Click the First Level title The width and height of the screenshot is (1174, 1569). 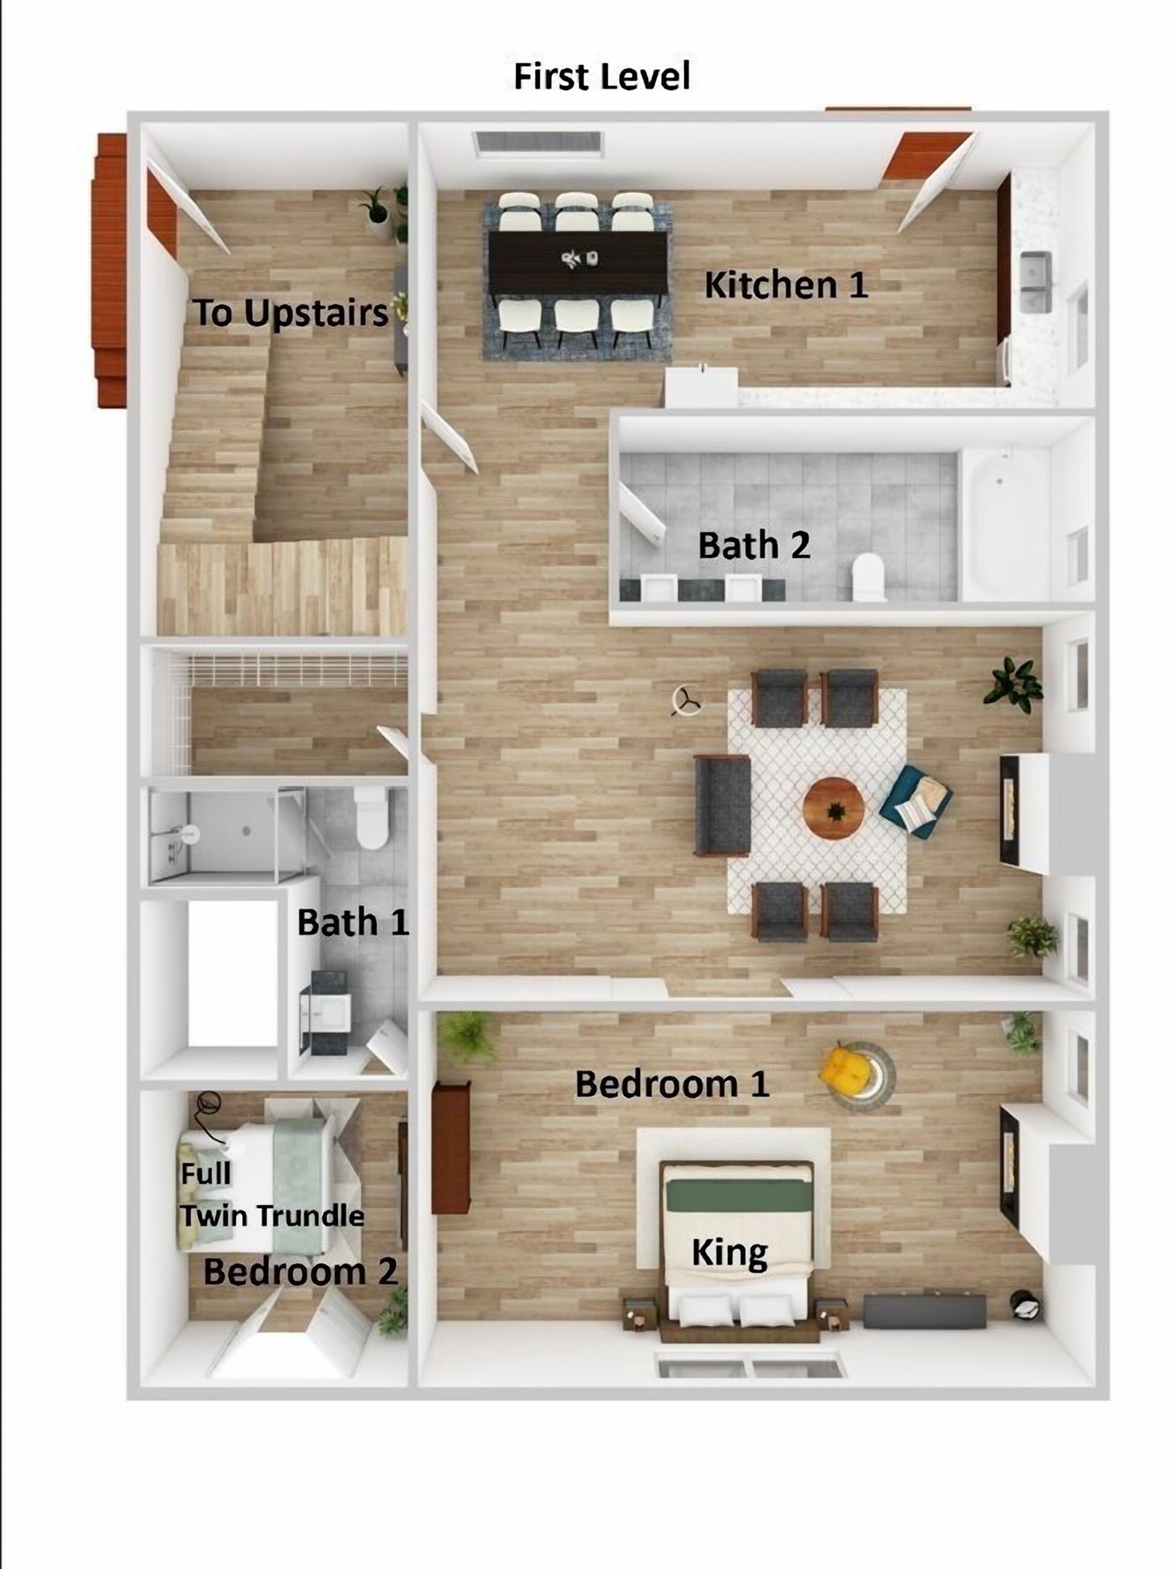click(x=602, y=77)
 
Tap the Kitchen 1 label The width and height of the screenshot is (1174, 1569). click(x=786, y=285)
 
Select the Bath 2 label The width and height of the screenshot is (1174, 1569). click(x=753, y=545)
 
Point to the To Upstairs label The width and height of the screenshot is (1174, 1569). click(x=291, y=313)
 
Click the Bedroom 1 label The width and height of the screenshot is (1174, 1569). click(x=672, y=1084)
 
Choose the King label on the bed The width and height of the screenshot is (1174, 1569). click(x=729, y=1252)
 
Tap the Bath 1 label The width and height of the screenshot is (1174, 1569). click(x=353, y=923)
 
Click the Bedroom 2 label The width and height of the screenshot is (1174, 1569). click(x=300, y=1271)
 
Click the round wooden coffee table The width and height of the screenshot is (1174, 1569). click(x=833, y=808)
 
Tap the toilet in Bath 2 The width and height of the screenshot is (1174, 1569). click(x=868, y=577)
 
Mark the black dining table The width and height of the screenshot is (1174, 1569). click(x=578, y=259)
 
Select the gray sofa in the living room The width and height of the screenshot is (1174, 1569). click(x=721, y=805)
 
